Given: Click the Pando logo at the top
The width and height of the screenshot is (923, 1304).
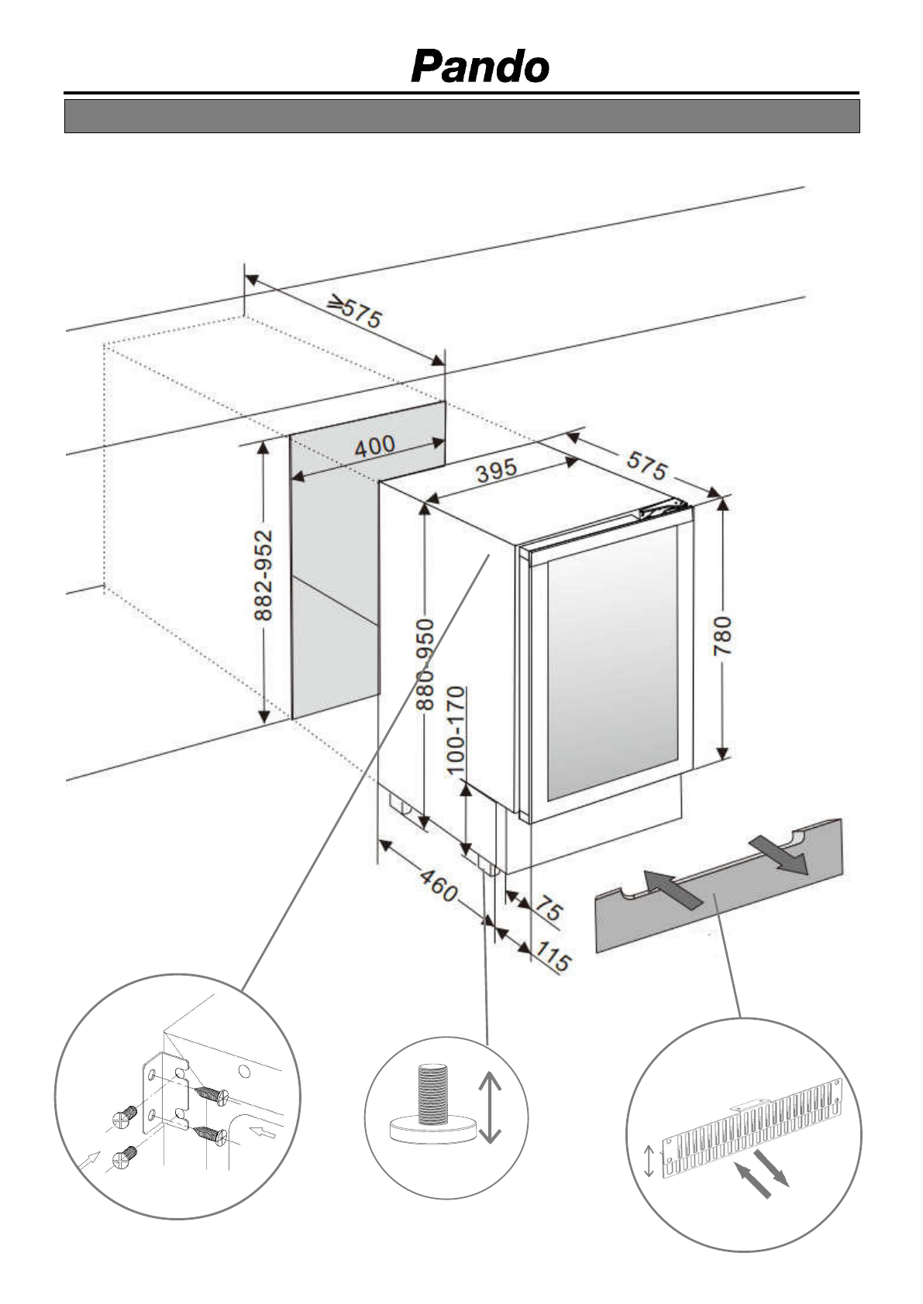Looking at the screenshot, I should pyautogui.click(x=480, y=67).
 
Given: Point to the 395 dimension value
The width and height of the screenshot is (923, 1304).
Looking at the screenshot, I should pyautogui.click(x=496, y=470).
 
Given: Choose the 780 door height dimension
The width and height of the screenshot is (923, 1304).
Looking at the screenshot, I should pyautogui.click(x=722, y=636).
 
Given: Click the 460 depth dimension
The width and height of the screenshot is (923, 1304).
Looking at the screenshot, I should pyautogui.click(x=439, y=885).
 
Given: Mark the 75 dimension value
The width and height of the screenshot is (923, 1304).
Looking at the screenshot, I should pyautogui.click(x=549, y=907).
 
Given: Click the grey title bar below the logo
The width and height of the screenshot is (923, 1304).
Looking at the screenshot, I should pyautogui.click(x=461, y=116).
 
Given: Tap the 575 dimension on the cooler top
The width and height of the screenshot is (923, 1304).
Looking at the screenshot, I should pyautogui.click(x=646, y=467).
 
